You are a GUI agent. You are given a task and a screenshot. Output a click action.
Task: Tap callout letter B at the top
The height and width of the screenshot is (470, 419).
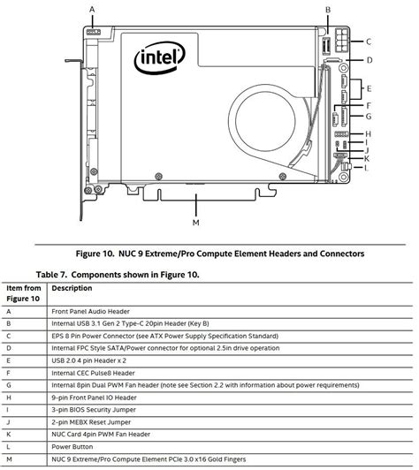pos(327,9)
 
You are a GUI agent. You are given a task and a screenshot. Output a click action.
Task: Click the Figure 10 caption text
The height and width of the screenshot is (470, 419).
pos(209,254)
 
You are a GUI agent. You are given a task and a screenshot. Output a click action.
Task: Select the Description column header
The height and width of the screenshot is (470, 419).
pos(72,288)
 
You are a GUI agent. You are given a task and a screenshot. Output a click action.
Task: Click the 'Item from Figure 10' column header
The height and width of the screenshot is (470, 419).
pos(24,293)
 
